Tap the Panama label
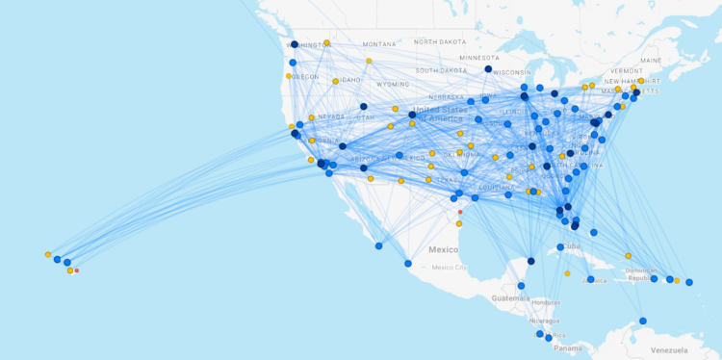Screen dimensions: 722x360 click(x=567, y=347)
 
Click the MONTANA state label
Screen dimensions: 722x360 click(x=378, y=44)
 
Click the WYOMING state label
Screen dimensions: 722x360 click(x=393, y=84)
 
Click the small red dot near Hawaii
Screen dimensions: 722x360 click(x=77, y=271)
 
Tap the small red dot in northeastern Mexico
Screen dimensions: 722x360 click(x=460, y=212)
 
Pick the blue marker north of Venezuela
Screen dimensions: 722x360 click(x=643, y=321)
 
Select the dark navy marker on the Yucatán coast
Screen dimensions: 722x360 click(x=530, y=261)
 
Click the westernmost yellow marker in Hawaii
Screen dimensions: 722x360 click(x=47, y=255)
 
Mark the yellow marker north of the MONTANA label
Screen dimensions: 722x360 click(x=327, y=42)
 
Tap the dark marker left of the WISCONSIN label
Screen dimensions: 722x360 click(x=488, y=69)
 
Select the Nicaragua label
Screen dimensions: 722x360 click(x=543, y=321)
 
